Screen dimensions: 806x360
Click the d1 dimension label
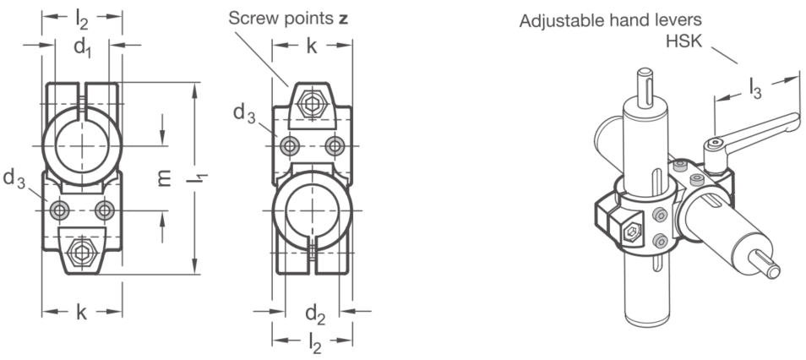point(83,48)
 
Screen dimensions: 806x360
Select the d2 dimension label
point(316,314)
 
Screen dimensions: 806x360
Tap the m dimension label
point(164,178)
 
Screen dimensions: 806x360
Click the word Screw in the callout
point(253,19)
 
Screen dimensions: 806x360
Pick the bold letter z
point(343,19)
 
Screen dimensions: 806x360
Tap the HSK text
point(683,41)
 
